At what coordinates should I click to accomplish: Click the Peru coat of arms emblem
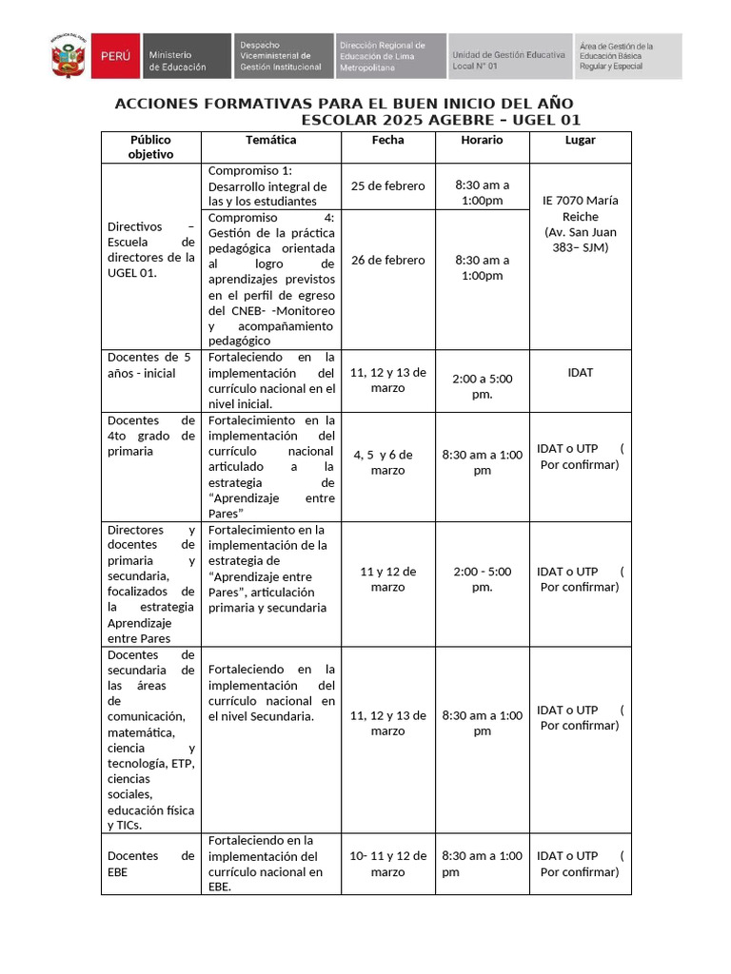tap(69, 58)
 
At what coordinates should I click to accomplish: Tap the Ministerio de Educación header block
tap(186, 57)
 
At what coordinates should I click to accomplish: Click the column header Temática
tap(270, 140)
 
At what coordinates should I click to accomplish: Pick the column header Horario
tap(482, 140)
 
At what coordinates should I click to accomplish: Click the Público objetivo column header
tap(150, 146)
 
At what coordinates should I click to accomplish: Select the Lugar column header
tap(580, 140)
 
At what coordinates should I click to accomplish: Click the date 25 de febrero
tap(387, 185)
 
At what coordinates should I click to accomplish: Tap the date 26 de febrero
tap(387, 260)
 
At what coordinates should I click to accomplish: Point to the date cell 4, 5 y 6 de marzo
tap(387, 462)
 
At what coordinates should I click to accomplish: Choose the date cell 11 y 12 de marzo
tap(387, 579)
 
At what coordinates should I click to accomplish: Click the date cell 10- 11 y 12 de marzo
tap(387, 864)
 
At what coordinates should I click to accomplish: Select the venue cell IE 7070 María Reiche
tap(580, 224)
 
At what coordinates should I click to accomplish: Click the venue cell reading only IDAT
tap(580, 372)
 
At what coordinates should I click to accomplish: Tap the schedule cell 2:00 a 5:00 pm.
tap(482, 386)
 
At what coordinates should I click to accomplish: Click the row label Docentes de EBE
tap(150, 863)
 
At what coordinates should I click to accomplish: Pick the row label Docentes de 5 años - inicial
tap(150, 365)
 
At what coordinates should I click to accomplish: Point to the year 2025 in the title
tap(404, 120)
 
